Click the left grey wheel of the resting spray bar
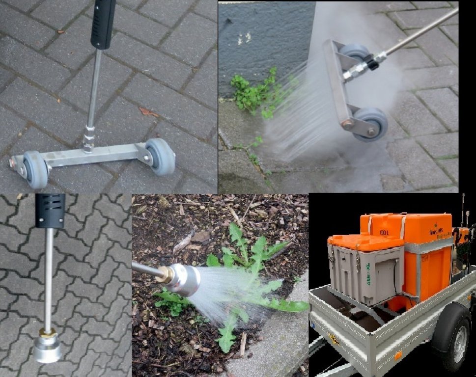click(35, 169)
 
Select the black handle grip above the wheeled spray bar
click(103, 24)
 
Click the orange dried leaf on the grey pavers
click(148, 112)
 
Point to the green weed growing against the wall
click(253, 91)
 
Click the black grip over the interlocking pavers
click(50, 210)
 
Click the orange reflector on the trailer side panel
click(397, 355)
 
